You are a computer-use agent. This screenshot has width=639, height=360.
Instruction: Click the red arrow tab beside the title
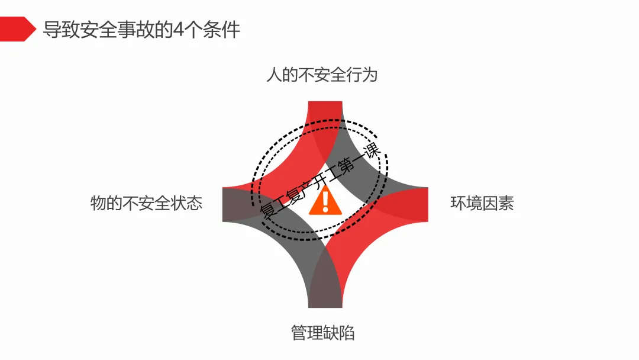tap(17, 29)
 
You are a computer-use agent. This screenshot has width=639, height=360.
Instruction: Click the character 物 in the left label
tap(98, 203)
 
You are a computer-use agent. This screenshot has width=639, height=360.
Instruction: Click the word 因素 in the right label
tap(498, 203)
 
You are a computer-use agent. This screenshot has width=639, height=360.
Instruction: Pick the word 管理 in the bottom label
tap(306, 332)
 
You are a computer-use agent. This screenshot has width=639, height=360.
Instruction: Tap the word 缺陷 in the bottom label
tap(339, 332)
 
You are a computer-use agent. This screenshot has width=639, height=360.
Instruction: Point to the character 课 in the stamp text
tap(373, 151)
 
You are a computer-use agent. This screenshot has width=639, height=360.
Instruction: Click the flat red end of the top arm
tap(325, 104)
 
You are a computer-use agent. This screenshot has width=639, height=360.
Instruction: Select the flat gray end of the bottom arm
tap(325, 306)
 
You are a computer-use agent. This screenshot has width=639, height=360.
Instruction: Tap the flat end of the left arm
tap(225, 204)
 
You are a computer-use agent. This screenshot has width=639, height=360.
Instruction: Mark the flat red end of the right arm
tap(426, 204)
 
